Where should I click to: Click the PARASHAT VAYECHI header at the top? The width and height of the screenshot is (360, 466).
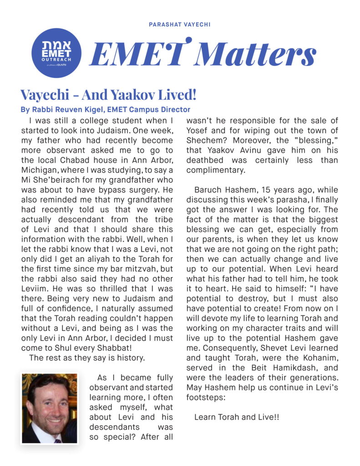tap(179, 24)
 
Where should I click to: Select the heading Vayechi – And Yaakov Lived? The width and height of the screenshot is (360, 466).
tap(108, 95)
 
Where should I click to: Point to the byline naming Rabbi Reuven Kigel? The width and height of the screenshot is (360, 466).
tap(105, 109)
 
